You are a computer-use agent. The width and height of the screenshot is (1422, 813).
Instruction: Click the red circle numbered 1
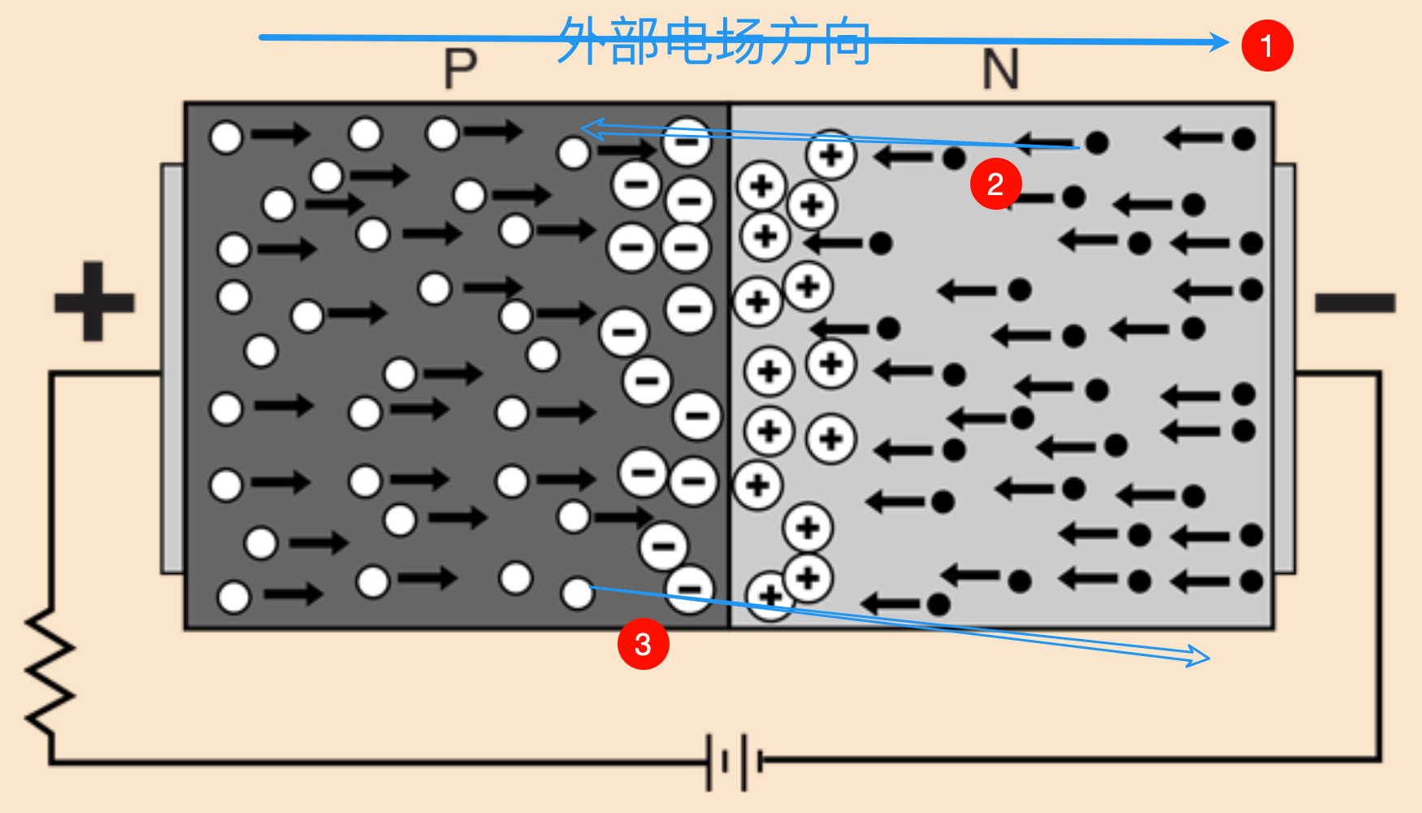pos(1267,46)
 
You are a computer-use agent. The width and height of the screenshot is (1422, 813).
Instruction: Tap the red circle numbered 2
pos(995,185)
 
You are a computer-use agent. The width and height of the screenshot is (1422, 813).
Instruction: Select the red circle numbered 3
pos(643,644)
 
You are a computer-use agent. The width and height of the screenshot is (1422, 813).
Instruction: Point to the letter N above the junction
pos(1000,70)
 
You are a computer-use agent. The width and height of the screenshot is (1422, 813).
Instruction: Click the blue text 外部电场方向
pos(713,41)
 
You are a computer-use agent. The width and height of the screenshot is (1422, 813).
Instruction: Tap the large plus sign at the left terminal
pos(93,302)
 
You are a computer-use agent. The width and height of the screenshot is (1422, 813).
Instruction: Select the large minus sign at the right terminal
pos(1355,303)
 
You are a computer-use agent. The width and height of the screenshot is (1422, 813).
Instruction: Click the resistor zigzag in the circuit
pos(50,671)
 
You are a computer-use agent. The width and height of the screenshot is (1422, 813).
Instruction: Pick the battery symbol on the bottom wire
pos(735,762)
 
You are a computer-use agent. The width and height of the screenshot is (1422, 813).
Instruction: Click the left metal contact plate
pos(172,368)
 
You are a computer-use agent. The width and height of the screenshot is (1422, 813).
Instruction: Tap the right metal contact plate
pos(1284,368)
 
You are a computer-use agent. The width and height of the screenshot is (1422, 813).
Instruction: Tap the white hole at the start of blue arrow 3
pos(578,593)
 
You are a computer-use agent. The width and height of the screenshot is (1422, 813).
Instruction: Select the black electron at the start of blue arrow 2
pos(1097,143)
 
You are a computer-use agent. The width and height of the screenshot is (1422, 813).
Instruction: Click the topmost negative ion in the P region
pos(687,141)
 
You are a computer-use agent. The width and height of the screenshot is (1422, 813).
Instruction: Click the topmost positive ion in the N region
pos(830,153)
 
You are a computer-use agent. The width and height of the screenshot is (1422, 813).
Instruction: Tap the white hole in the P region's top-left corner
pos(226,137)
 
